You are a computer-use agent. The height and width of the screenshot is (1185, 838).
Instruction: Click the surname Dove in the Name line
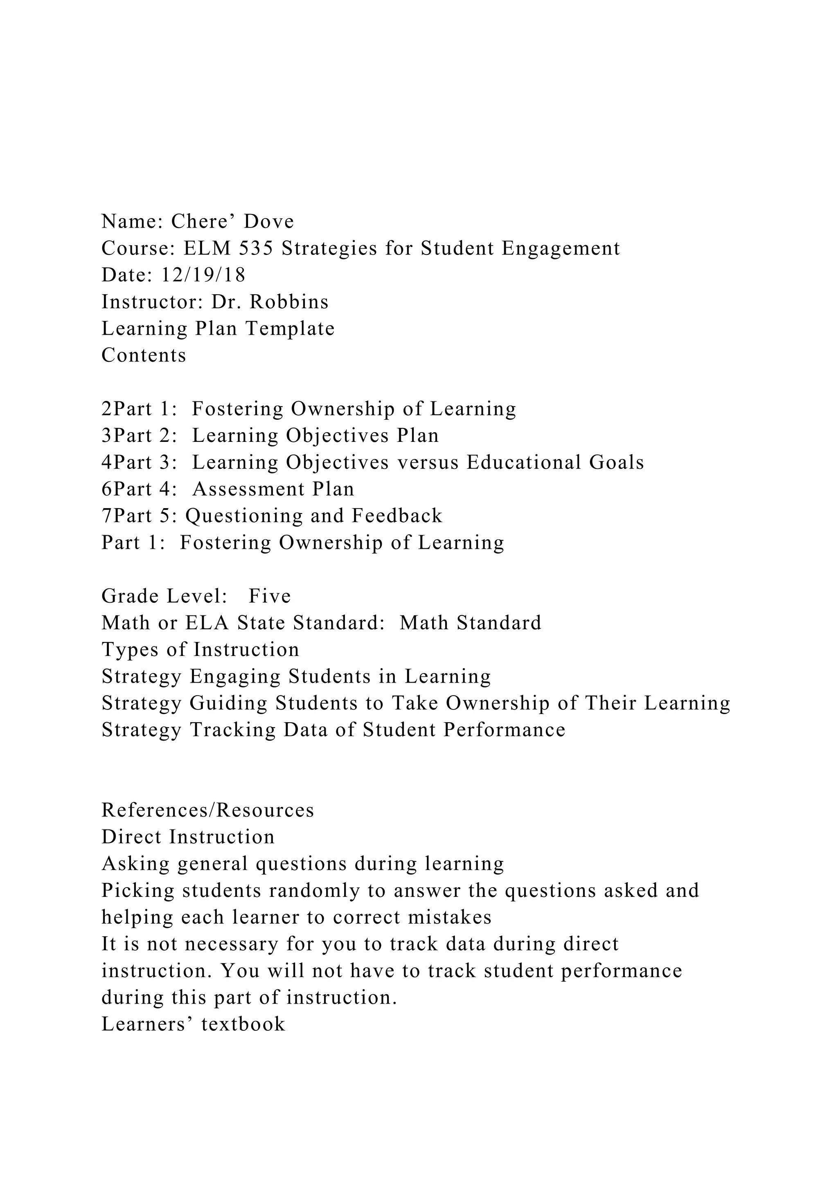click(269, 221)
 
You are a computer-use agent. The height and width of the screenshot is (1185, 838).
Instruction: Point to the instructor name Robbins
click(289, 302)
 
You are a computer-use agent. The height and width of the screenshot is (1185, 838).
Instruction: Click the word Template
click(290, 329)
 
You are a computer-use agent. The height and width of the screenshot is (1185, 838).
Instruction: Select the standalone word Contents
click(144, 356)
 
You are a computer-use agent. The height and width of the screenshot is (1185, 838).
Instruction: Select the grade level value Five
click(270, 596)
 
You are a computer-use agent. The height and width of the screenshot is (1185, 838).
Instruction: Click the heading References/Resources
click(208, 810)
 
